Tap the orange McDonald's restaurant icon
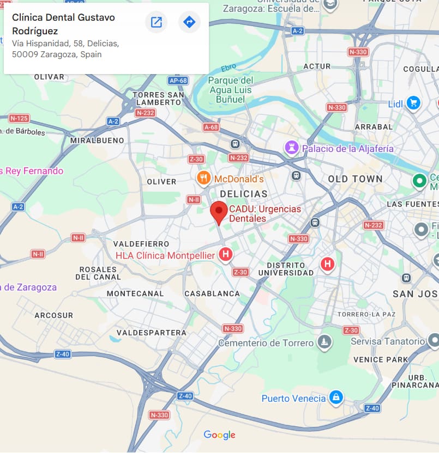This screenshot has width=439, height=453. tap(203, 177)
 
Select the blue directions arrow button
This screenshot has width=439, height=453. tap(189, 22)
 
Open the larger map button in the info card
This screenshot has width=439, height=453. tap(157, 22)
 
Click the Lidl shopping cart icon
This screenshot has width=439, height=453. tap(413, 102)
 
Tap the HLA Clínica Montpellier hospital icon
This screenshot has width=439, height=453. tap(225, 254)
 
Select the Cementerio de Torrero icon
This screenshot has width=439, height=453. tap(325, 342)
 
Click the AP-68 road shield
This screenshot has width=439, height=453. tap(178, 81)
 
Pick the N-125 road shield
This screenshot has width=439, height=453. tap(19, 118)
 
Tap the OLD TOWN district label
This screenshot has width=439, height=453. tap(355, 179)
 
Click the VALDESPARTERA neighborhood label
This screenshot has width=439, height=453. tap(152, 332)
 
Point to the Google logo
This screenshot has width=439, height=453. tap(219, 434)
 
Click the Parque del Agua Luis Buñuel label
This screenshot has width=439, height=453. tap(231, 90)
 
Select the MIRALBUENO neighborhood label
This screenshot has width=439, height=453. tap(97, 140)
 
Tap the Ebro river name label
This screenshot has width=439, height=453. tap(228, 68)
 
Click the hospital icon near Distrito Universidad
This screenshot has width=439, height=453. tap(327, 264)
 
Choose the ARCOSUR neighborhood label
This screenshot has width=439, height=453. tap(53, 315)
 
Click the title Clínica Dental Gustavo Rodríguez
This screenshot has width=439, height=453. tap(63, 24)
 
